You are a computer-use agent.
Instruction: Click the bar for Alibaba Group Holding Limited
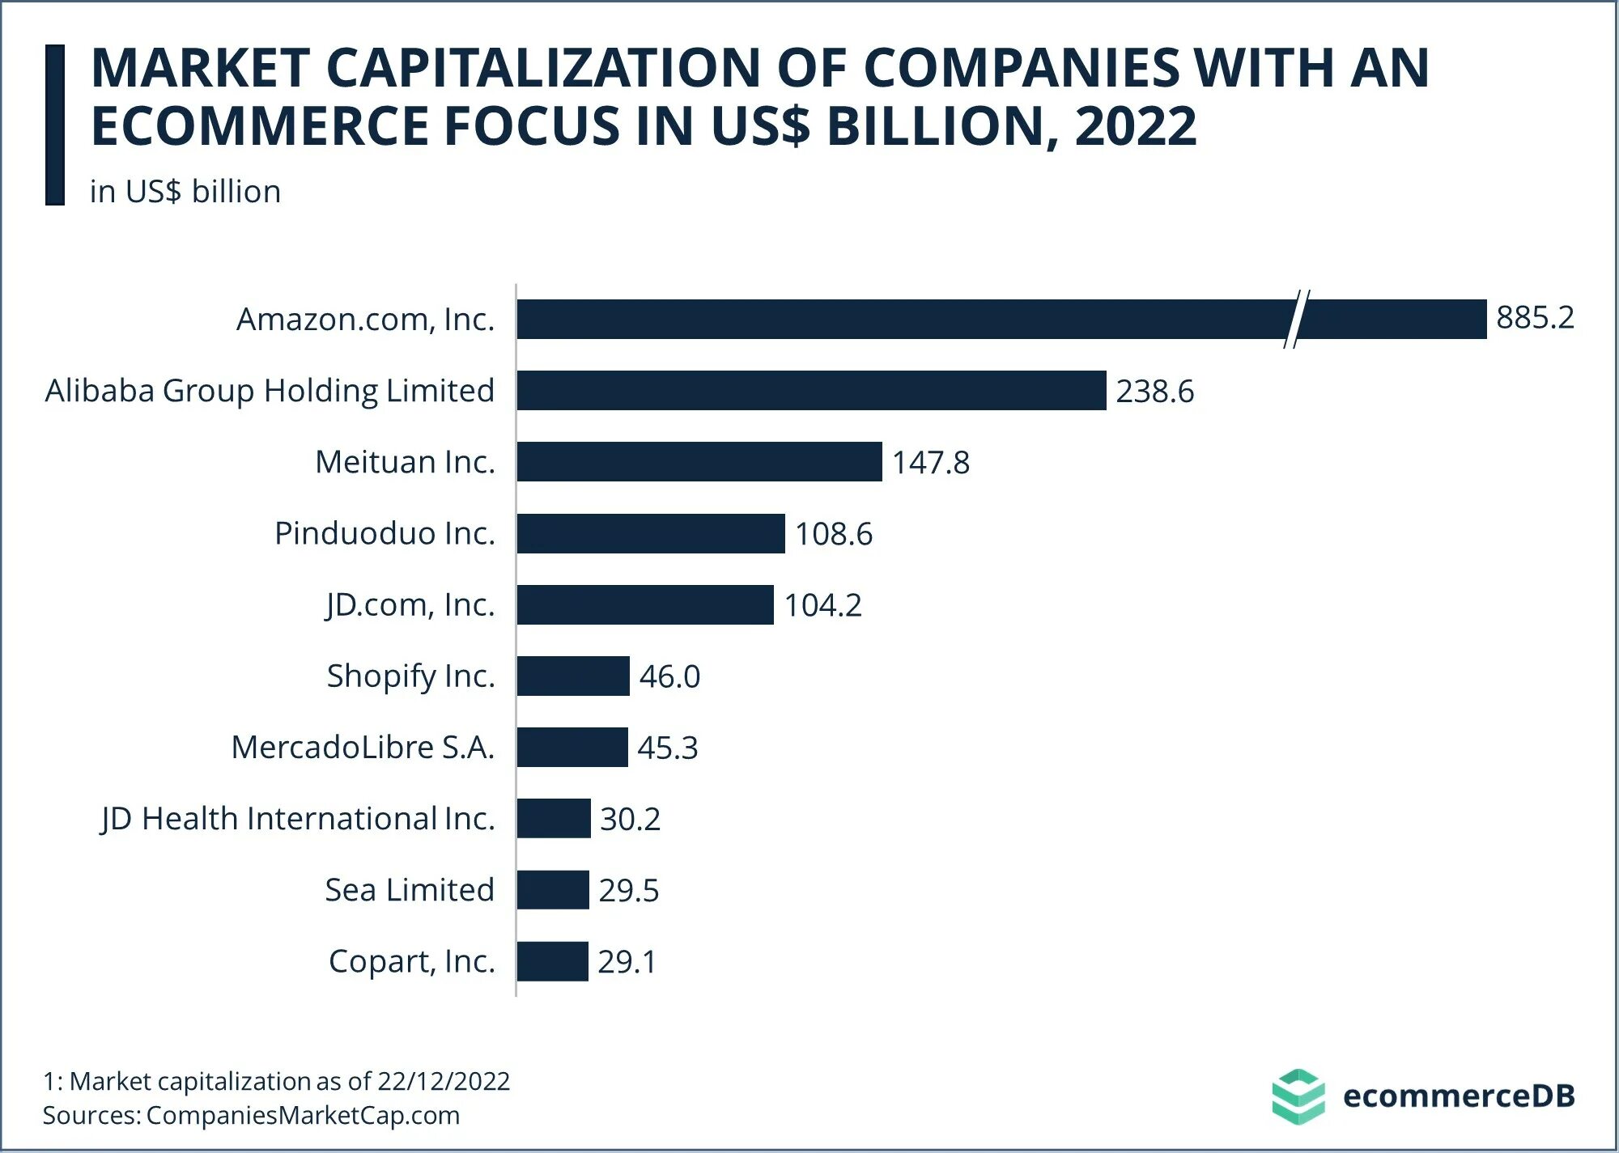(811, 391)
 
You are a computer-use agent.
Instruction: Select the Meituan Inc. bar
(699, 462)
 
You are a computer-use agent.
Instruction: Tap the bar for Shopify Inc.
(573, 676)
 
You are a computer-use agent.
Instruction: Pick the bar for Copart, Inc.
(553, 961)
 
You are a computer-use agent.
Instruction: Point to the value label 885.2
(1535, 318)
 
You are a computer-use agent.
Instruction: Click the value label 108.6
(834, 534)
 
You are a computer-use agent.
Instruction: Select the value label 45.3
(668, 748)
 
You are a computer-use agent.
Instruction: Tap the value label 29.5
(629, 890)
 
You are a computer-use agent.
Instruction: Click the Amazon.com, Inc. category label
(365, 320)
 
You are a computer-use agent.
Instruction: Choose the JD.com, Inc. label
(410, 605)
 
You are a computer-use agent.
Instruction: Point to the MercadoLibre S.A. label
(363, 748)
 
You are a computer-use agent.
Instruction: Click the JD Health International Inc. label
(298, 819)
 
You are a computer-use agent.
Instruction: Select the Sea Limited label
(410, 890)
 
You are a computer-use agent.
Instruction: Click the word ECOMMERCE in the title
(259, 126)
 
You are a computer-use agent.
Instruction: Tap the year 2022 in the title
(1135, 126)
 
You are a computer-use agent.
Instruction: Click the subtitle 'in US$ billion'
(185, 192)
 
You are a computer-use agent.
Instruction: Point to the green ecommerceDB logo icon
(1298, 1096)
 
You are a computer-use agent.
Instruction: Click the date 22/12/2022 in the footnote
(444, 1081)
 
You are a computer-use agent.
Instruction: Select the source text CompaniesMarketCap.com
(303, 1115)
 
